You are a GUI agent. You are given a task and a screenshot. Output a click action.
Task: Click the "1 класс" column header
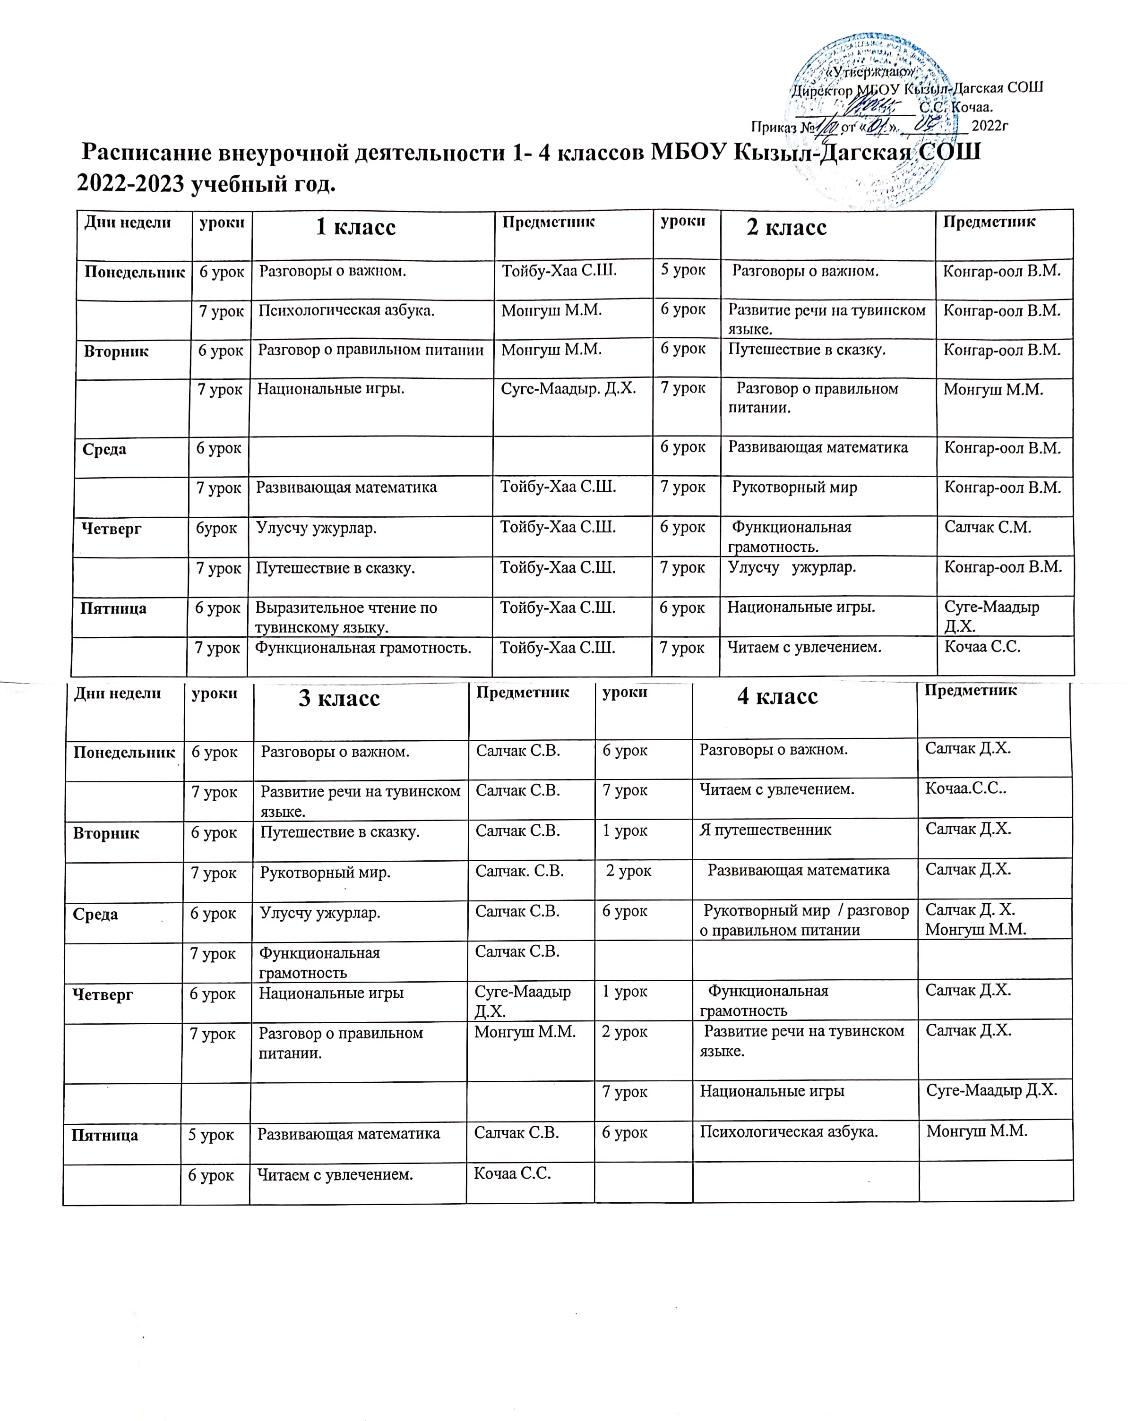(355, 227)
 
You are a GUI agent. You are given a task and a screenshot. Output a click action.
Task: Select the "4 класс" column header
(777, 697)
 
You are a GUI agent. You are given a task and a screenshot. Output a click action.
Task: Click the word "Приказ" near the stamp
(774, 127)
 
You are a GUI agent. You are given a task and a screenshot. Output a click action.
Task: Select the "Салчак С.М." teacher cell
(987, 527)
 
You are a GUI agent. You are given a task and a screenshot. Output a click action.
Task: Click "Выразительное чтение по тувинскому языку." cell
(346, 617)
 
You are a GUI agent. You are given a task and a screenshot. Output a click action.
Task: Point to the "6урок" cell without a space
(216, 529)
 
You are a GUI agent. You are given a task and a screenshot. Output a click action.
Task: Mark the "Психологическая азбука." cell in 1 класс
(346, 310)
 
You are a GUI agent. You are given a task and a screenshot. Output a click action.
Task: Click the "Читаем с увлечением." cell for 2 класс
(804, 647)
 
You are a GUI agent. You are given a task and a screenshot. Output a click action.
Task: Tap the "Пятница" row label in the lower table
(105, 1135)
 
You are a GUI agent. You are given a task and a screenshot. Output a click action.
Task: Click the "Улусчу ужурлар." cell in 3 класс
(320, 913)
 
